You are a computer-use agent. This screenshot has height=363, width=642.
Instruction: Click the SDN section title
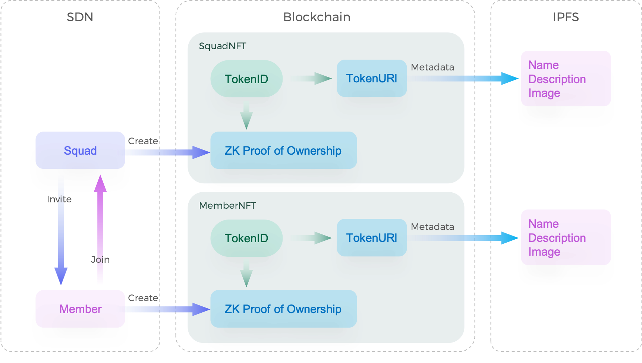pyautogui.click(x=80, y=17)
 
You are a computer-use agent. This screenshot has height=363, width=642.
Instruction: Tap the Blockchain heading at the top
pyautogui.click(x=317, y=17)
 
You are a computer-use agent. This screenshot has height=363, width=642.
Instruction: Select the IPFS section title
pyautogui.click(x=566, y=17)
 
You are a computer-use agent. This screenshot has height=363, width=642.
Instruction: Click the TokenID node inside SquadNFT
pyautogui.click(x=246, y=79)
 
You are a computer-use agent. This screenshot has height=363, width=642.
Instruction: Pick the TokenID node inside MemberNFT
pyautogui.click(x=246, y=238)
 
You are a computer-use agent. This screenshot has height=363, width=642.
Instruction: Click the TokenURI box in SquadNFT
pyautogui.click(x=372, y=78)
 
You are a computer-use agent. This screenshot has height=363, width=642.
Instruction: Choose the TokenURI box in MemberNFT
pyautogui.click(x=372, y=238)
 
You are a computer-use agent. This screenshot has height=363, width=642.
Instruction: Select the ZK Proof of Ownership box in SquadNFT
pyautogui.click(x=283, y=151)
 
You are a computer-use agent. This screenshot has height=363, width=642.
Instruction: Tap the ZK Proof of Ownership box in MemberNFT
pyautogui.click(x=283, y=309)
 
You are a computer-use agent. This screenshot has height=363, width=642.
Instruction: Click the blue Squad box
pyautogui.click(x=80, y=151)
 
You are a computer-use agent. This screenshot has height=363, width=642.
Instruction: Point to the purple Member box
pyautogui.click(x=80, y=309)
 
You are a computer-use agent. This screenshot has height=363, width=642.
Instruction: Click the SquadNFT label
pyautogui.click(x=223, y=46)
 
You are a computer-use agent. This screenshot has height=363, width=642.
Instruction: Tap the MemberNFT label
pyautogui.click(x=227, y=206)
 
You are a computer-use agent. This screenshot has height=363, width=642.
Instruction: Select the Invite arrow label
pyautogui.click(x=59, y=199)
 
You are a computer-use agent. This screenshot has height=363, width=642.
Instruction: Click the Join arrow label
pyautogui.click(x=100, y=260)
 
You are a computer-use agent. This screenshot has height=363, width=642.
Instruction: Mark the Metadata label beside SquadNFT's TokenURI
pyautogui.click(x=432, y=67)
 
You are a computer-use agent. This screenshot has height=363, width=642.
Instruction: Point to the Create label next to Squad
pyautogui.click(x=143, y=141)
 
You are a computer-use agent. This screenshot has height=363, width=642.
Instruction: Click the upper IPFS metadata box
pyautogui.click(x=566, y=79)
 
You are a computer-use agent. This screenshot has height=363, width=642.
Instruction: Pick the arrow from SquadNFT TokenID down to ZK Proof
pyautogui.click(x=246, y=115)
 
